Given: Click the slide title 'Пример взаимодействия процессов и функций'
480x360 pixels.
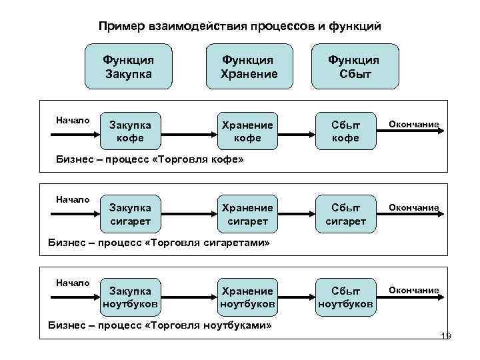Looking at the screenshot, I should pos(239,26).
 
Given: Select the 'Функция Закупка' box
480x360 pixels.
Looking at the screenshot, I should pos(128,67).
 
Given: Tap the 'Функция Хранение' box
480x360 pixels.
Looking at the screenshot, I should pos(249,67).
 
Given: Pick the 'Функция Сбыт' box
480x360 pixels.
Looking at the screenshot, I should pos(353,67).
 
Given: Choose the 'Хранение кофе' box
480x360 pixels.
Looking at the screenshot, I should pos(247,131).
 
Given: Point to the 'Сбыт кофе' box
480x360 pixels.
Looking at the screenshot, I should pos(347,131).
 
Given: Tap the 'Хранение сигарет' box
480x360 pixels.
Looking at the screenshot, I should pos(247,214).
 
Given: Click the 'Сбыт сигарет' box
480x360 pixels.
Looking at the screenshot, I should pos(347,214).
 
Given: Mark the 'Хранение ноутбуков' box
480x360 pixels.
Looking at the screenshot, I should pos(247,297).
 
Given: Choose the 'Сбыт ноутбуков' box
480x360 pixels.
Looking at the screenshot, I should pos(347,297).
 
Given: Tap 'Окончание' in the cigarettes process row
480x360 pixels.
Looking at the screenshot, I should pos(414,207).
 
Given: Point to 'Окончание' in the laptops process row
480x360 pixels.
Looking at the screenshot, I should pos(414,290).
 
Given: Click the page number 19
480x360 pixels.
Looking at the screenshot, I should pos(446,336).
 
